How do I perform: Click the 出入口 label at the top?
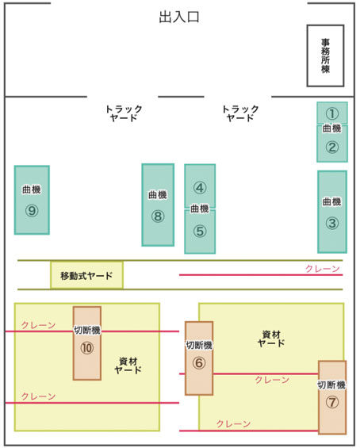(x=179, y=17)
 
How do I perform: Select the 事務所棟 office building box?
(x=325, y=56)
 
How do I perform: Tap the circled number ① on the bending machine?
(x=332, y=113)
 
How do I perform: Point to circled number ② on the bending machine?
(x=332, y=147)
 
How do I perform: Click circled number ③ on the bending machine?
(x=332, y=223)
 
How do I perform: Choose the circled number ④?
(x=200, y=188)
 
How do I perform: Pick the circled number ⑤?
(x=200, y=231)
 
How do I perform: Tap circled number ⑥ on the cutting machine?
(x=199, y=363)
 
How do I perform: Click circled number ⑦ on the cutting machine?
(x=332, y=402)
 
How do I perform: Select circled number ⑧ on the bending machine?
(x=158, y=216)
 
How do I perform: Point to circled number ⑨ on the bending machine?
(x=32, y=211)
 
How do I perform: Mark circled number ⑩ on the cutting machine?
(x=87, y=348)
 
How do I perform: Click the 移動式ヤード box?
(x=87, y=275)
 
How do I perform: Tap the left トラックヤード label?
(x=124, y=113)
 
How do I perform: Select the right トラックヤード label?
(x=240, y=113)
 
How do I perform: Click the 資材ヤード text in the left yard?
(x=128, y=366)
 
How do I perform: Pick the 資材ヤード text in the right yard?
(x=271, y=339)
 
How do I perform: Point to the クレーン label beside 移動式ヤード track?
(x=323, y=269)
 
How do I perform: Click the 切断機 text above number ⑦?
(x=331, y=385)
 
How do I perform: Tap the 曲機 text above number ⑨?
(x=32, y=190)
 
